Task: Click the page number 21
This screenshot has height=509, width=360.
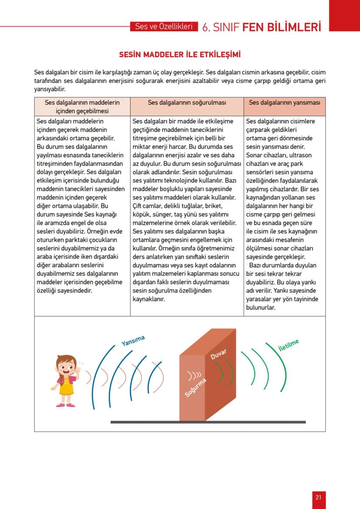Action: click(x=318, y=497)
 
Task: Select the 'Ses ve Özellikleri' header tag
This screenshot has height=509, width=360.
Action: click(x=163, y=27)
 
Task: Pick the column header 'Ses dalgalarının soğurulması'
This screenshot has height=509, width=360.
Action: click(x=187, y=103)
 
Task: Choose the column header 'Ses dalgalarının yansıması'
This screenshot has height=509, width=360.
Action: click(x=284, y=103)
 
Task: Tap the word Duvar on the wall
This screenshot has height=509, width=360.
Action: click(x=218, y=354)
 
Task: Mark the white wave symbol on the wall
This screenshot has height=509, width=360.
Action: click(x=194, y=374)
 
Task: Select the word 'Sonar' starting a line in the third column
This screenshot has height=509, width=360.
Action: click(x=254, y=155)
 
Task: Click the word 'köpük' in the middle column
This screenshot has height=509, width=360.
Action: click(x=141, y=214)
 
